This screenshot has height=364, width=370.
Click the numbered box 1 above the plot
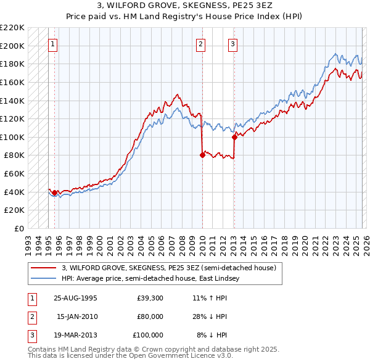(54, 44)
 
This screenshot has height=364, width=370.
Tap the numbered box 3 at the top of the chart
(233, 44)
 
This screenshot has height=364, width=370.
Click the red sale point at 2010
(202, 155)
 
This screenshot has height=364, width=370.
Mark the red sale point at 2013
(234, 138)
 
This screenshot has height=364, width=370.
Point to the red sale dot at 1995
(55, 192)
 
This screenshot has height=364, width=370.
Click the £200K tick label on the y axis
(12, 46)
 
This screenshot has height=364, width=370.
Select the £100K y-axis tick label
(12, 137)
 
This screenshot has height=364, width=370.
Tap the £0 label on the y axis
(18, 228)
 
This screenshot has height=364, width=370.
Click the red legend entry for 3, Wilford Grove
(172, 268)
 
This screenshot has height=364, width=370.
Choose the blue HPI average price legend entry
(154, 279)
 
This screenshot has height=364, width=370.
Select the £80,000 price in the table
(150, 316)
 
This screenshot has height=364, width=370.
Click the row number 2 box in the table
(31, 316)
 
